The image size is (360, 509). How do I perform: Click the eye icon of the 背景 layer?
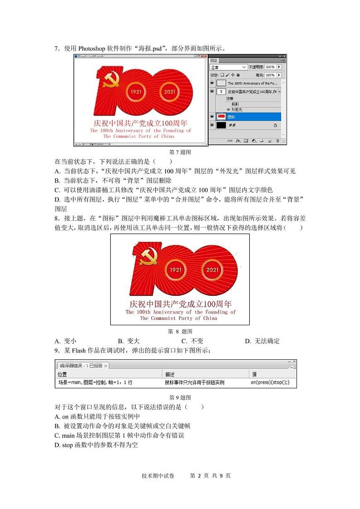(x=212, y=125)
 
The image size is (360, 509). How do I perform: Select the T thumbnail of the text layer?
(x=221, y=92)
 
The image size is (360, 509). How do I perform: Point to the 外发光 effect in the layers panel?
(x=237, y=109)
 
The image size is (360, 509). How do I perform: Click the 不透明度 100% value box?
(x=270, y=67)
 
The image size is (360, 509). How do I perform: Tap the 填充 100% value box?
(x=270, y=75)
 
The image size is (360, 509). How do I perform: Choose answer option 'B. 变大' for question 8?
(x=129, y=341)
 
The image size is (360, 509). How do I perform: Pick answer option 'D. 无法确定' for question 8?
(x=262, y=341)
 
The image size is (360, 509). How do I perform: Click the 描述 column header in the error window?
(x=170, y=374)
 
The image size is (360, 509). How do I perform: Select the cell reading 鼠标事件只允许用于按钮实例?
(x=195, y=382)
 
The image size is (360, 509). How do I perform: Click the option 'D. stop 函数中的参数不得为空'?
(x=96, y=445)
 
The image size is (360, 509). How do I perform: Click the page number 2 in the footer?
(x=199, y=475)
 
